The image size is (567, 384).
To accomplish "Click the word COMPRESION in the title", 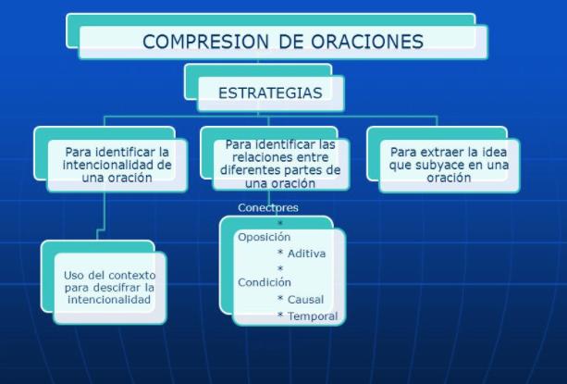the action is click(x=205, y=42).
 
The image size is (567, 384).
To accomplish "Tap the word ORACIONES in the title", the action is click(x=367, y=42).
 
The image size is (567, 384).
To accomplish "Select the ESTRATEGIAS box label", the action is click(x=270, y=93).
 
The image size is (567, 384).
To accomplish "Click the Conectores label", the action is click(x=268, y=207).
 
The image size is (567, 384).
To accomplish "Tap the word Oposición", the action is click(x=264, y=237).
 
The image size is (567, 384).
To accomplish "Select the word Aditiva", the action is click(x=307, y=254).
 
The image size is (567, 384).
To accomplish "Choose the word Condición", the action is click(x=265, y=282).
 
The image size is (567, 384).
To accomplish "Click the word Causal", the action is click(x=305, y=300).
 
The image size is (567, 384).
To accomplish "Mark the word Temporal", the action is click(x=313, y=316).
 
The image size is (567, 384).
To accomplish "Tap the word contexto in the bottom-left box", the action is click(x=132, y=275).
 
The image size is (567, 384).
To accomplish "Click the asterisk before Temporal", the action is click(x=280, y=315).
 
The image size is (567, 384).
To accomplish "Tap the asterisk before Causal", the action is click(x=280, y=298).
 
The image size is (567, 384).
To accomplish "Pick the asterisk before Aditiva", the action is click(x=280, y=252).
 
